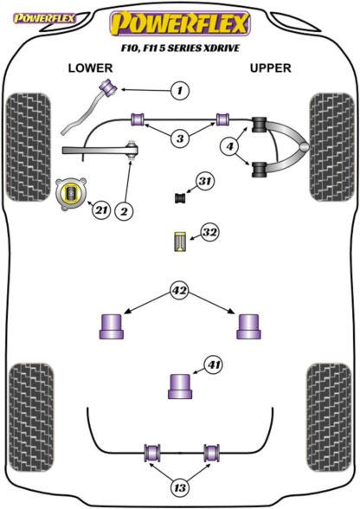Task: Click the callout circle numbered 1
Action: tap(179, 90)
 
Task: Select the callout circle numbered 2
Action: tap(124, 211)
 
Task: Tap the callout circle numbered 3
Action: tap(180, 139)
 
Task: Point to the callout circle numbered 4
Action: tap(229, 146)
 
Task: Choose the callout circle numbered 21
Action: tap(101, 210)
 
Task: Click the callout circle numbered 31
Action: tap(205, 181)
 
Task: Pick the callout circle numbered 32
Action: tap(209, 232)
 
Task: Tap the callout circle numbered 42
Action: tap(179, 290)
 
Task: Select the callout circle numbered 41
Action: tap(214, 365)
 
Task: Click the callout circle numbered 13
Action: tap(179, 487)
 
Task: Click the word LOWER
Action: tap(90, 68)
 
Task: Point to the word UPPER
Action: tap(270, 68)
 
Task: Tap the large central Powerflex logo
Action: tap(179, 23)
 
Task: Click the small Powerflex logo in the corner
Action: tap(44, 18)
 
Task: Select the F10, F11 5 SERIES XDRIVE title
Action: tap(181, 48)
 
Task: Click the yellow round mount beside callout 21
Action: tap(71, 194)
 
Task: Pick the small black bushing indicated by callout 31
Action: tap(180, 197)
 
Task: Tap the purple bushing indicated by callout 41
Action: tap(180, 386)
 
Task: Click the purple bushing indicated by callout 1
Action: tap(109, 87)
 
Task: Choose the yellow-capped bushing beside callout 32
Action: tap(179, 242)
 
